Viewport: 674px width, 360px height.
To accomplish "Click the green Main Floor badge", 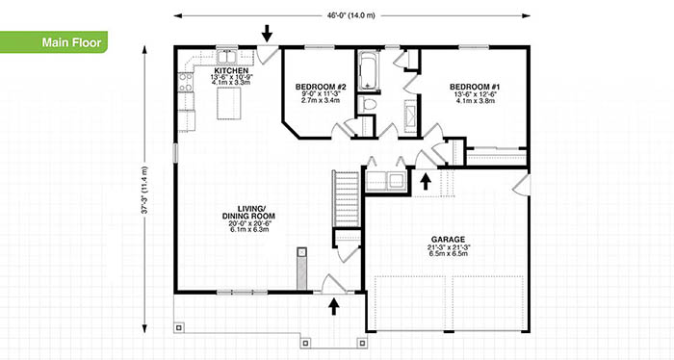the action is point(53,42).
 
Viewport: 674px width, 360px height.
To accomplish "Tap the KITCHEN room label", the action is point(231,70).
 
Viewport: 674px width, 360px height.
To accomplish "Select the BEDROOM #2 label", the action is point(321,87).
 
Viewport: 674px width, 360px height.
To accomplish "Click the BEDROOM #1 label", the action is point(475,87).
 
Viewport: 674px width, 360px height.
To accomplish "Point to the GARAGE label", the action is point(449,240).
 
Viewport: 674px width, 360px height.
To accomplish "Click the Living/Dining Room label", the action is point(248,213).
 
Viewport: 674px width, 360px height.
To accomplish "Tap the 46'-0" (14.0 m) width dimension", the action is point(351,16).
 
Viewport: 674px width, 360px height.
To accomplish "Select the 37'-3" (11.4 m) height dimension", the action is point(144,190).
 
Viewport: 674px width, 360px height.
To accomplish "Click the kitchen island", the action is point(229,103).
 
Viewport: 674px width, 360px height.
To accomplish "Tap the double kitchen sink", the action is point(226,57).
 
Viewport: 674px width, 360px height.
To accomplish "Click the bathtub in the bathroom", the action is point(368,71).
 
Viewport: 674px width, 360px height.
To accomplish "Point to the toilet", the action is point(368,103).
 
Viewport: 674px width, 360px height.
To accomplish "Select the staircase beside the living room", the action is point(346,198).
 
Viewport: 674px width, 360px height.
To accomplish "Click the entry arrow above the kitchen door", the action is point(268,33).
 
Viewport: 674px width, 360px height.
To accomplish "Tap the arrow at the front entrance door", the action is point(333,307).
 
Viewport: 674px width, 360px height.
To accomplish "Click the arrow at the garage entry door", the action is point(426,181).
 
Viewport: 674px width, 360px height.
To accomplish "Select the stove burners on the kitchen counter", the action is point(186,83).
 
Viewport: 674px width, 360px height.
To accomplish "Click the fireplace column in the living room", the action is point(302,269).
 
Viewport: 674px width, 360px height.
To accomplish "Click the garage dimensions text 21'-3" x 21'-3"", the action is point(449,247).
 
